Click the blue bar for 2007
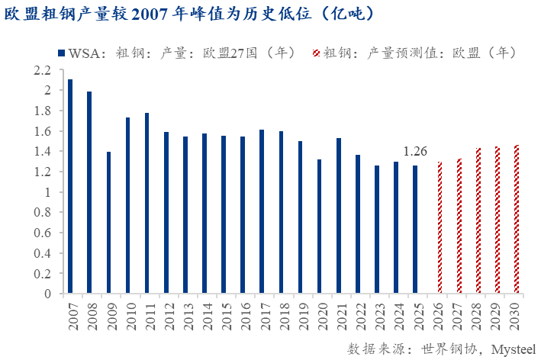point(70,186)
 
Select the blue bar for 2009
point(109,222)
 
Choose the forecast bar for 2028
point(478,220)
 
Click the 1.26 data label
point(415,151)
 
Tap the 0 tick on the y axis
point(47,294)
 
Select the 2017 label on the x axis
point(263,316)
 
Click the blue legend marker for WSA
point(61,53)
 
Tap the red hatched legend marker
point(316,53)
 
